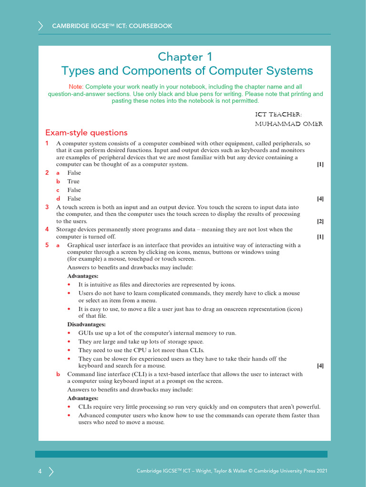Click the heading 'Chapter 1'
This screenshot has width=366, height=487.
181,57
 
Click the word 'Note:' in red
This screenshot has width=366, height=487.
76,87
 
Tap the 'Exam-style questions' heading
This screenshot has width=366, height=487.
86,133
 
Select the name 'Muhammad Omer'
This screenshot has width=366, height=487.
289,124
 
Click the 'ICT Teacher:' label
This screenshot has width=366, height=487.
278,115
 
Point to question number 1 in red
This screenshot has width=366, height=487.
47,143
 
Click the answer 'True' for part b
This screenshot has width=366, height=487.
73,181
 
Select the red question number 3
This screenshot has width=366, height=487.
47,207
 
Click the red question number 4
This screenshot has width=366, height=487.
47,229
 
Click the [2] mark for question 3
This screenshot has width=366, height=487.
320,221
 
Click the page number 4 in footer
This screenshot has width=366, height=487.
40,471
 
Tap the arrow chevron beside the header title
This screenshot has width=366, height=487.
41,26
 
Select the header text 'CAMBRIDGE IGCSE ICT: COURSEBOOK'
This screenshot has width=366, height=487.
112,26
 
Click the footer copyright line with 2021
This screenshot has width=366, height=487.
232,471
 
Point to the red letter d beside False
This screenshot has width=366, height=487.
58,198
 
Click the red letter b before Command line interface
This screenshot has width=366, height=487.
58,374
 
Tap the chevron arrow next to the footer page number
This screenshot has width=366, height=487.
51,471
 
